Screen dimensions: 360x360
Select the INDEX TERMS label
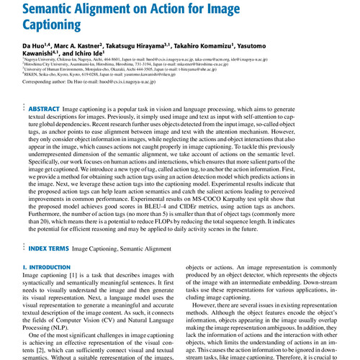[49, 248]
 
